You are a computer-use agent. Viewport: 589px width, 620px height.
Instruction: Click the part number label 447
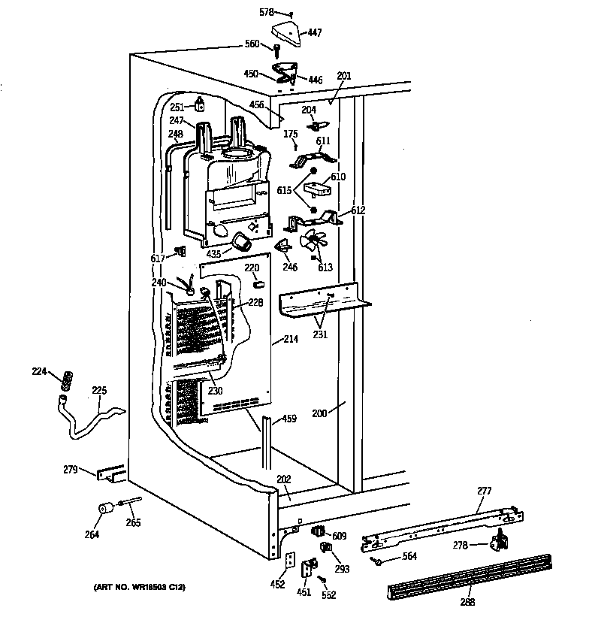[x=314, y=33]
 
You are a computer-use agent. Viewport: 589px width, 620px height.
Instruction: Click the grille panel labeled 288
[x=470, y=578]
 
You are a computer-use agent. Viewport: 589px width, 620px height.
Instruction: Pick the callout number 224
[x=40, y=370]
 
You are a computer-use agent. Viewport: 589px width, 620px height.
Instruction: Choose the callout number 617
[x=157, y=259]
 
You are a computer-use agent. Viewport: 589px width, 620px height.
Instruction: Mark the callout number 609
[x=340, y=537]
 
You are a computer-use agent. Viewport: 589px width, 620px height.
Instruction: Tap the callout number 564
[x=409, y=556]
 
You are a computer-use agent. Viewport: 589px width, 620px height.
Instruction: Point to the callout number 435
[x=214, y=255]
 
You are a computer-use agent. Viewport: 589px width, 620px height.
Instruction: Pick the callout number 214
[x=291, y=340]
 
